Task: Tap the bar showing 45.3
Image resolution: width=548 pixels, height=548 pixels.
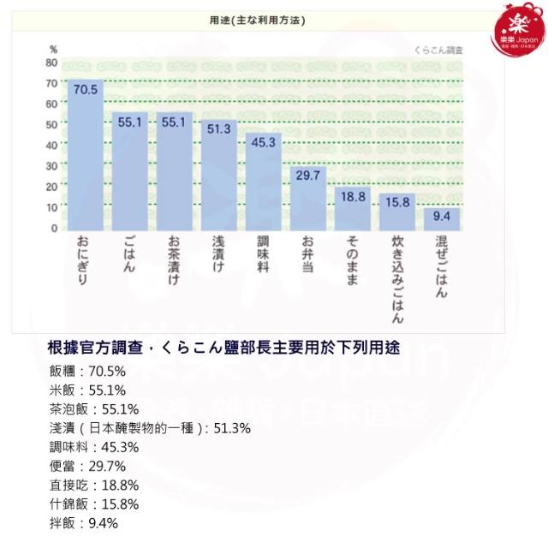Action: pos(263,184)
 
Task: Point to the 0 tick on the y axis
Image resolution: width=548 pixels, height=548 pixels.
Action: pos(54,228)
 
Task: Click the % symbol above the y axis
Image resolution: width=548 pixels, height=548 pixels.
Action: pos(53,49)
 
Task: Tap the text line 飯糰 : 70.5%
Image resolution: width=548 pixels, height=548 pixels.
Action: pos(88,372)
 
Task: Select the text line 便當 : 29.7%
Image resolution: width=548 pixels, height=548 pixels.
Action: pos(88,466)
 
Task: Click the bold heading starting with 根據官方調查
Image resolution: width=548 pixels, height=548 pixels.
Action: pos(226,348)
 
